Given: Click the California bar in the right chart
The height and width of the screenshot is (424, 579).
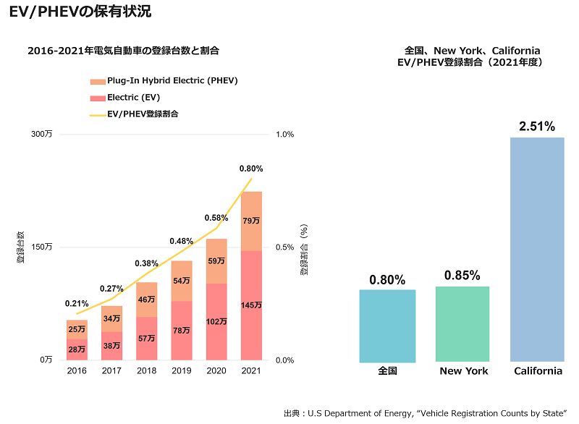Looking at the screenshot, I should tap(537, 250).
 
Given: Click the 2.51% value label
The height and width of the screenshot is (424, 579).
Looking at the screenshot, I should tap(537, 127).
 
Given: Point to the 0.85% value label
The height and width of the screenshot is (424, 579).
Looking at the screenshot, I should tap(462, 276).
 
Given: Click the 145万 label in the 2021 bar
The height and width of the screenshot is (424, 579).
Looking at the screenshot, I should tap(251, 305).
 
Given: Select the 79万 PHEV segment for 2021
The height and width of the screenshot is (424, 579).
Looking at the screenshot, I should tap(251, 221).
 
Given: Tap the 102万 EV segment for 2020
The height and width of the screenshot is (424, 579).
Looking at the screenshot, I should tap(216, 322).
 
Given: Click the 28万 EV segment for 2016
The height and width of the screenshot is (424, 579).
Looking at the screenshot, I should tap(77, 349).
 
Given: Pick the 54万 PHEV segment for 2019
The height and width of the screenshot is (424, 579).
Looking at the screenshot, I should tap(182, 281).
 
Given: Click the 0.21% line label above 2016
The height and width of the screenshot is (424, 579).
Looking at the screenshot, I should tap(77, 304).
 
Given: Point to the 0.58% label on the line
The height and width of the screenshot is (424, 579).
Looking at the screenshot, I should tap(216, 218).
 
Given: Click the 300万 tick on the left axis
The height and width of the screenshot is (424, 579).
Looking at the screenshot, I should tap(43, 135).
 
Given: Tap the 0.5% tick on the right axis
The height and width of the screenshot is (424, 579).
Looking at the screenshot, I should tap(285, 247).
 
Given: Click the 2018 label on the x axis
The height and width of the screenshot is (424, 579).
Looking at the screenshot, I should tap(146, 371).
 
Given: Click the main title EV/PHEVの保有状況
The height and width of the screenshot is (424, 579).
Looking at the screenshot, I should tap(80, 12).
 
